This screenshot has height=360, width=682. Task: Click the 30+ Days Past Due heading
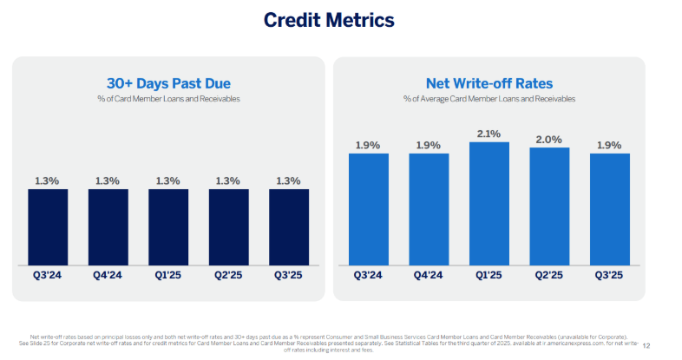pyautogui.click(x=168, y=83)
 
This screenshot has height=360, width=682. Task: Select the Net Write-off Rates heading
pyautogui.click(x=489, y=83)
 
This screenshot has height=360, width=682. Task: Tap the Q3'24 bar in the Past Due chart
pyautogui.click(x=48, y=226)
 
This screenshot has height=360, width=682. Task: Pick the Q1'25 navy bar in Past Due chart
pyautogui.click(x=168, y=226)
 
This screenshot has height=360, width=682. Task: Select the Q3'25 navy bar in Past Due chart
pyautogui.click(x=289, y=226)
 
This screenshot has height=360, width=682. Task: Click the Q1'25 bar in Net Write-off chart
pyautogui.click(x=489, y=203)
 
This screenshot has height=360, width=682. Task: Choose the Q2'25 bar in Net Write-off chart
pyautogui.click(x=549, y=206)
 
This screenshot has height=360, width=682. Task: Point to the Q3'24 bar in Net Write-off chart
pyautogui.click(x=369, y=208)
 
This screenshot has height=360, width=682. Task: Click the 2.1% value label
pyautogui.click(x=489, y=133)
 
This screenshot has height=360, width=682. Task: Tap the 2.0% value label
pyautogui.click(x=549, y=139)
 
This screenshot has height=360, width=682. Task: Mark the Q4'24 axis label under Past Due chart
pyautogui.click(x=108, y=275)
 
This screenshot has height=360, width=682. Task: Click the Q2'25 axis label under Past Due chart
pyautogui.click(x=228, y=275)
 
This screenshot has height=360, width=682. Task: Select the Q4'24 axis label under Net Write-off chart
pyautogui.click(x=429, y=275)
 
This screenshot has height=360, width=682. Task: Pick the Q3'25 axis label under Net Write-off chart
pyautogui.click(x=609, y=275)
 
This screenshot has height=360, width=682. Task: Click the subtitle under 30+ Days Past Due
pyautogui.click(x=168, y=99)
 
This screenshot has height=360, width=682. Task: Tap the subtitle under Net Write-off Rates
pyautogui.click(x=489, y=99)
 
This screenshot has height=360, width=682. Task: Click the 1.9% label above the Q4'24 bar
pyautogui.click(x=429, y=145)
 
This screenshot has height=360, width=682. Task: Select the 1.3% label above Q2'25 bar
pyautogui.click(x=228, y=180)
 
